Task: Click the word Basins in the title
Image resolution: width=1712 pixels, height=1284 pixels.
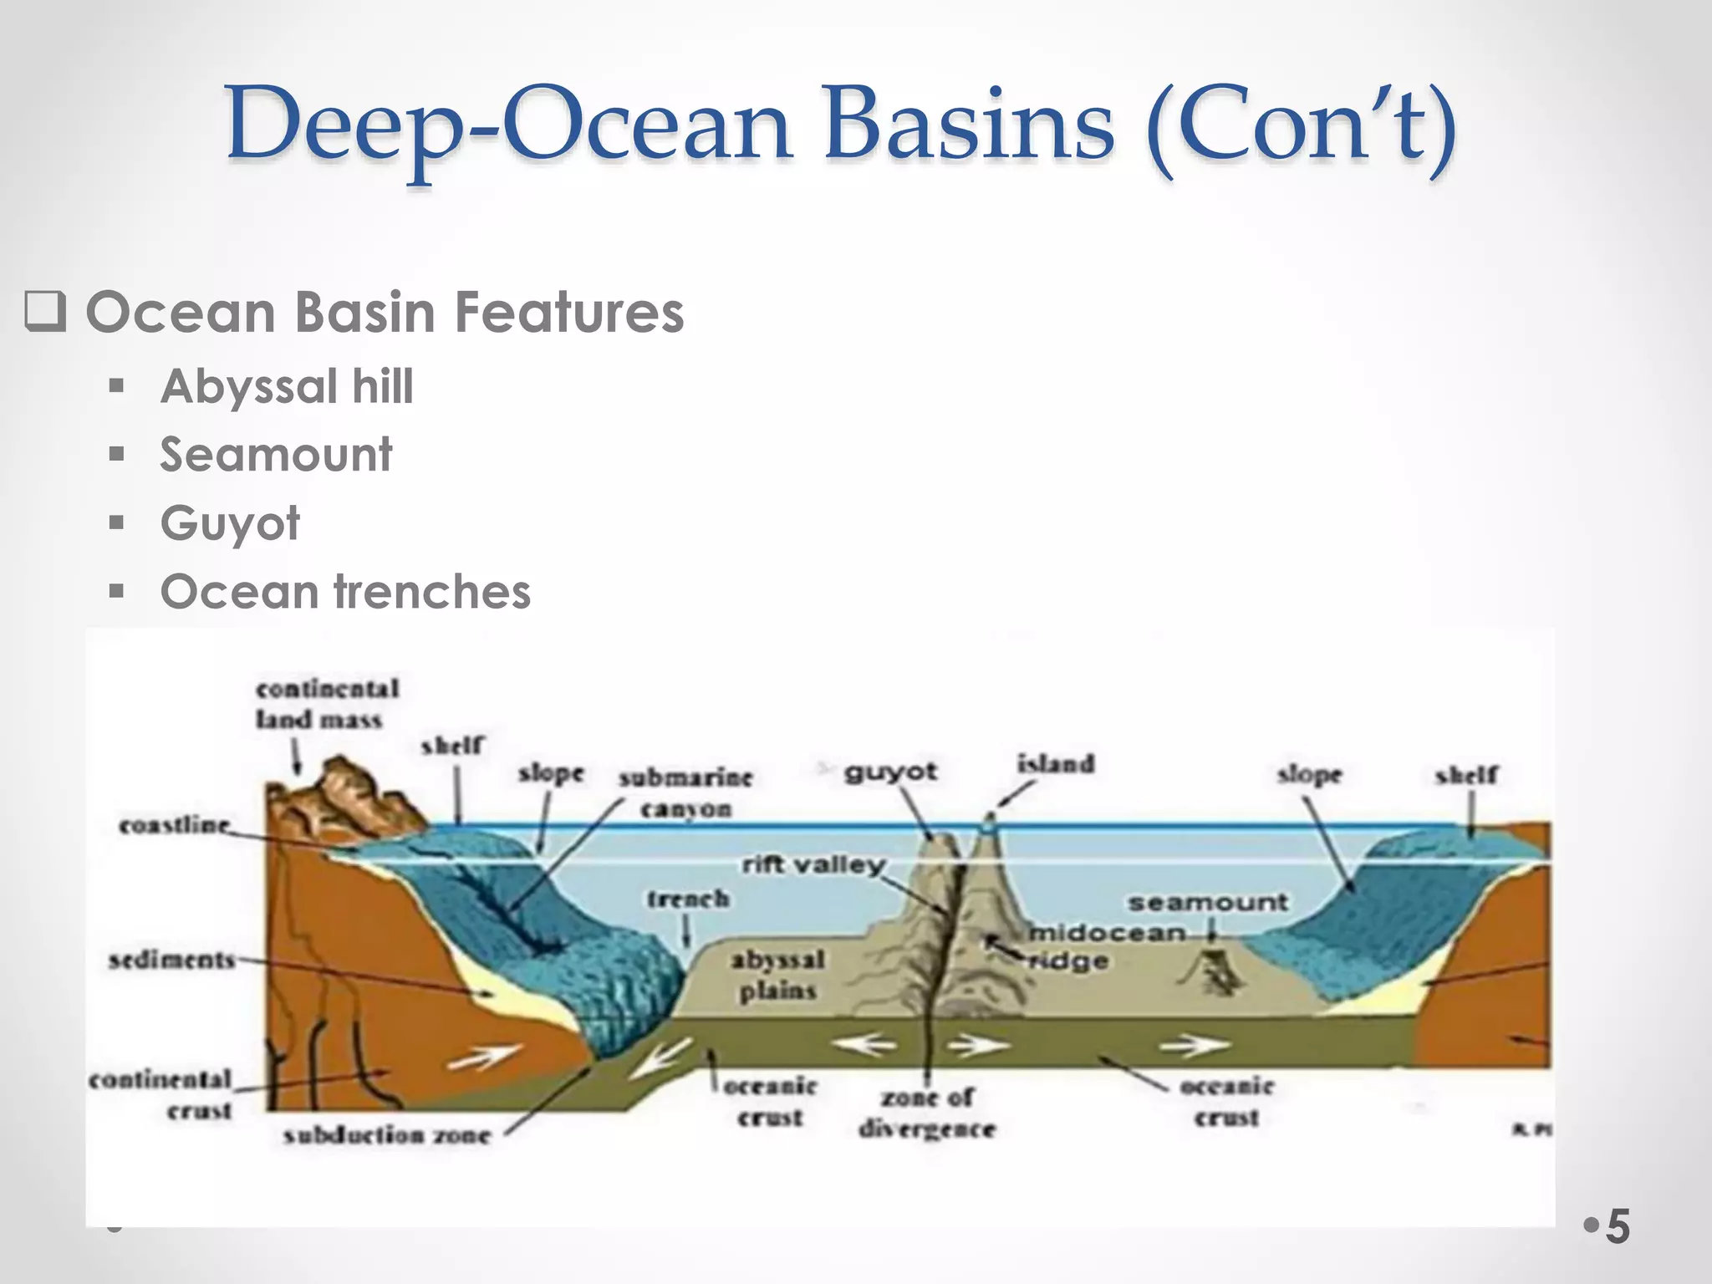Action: (969, 125)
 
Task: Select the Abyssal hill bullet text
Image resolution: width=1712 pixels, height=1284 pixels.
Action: (287, 386)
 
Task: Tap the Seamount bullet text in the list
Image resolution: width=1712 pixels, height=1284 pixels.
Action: (276, 455)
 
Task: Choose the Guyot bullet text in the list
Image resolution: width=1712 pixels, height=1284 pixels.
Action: (230, 523)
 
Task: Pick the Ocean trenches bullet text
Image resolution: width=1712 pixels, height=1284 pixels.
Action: (345, 592)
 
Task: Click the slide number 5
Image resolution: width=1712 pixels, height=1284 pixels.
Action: (1618, 1227)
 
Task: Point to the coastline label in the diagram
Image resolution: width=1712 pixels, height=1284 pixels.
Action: (174, 826)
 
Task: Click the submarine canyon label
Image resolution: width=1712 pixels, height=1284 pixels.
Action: (685, 792)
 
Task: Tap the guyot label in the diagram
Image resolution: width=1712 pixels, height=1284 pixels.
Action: (890, 771)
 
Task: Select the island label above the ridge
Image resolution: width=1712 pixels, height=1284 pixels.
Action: (1055, 764)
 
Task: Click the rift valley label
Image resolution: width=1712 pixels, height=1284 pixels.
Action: (813, 864)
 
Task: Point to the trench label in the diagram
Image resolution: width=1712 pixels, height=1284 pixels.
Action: (688, 899)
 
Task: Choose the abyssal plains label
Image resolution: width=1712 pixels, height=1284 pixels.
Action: (777, 975)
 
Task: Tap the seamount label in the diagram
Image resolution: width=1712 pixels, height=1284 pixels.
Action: (1208, 903)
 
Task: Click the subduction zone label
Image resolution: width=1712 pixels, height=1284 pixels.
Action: (386, 1135)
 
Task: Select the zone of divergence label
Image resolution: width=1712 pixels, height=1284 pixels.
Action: (927, 1113)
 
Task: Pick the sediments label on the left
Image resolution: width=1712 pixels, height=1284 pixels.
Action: (171, 960)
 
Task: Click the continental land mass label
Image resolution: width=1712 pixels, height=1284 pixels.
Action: (326, 704)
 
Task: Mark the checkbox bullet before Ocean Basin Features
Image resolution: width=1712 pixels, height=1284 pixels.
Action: (45, 313)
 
